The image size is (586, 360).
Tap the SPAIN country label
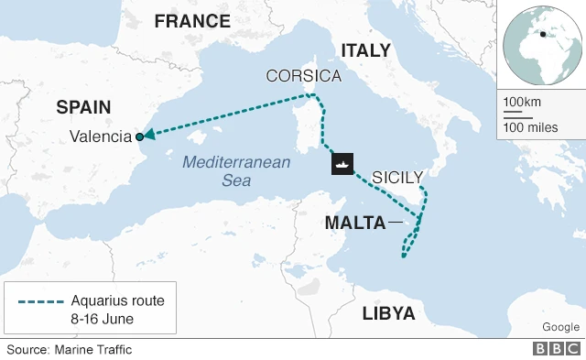coord(83,107)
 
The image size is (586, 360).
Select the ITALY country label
coord(365,50)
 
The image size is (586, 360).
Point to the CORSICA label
coord(303,76)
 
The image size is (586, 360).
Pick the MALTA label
coord(353,223)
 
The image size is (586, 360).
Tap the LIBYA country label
coord(388,314)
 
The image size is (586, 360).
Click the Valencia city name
coord(101,137)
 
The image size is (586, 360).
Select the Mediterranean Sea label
coord(236,171)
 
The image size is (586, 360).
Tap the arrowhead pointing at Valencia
coord(148,136)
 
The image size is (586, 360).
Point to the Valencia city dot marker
coord(139,136)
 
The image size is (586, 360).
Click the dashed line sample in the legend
coord(38,301)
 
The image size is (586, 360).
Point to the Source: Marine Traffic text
coord(70,349)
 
